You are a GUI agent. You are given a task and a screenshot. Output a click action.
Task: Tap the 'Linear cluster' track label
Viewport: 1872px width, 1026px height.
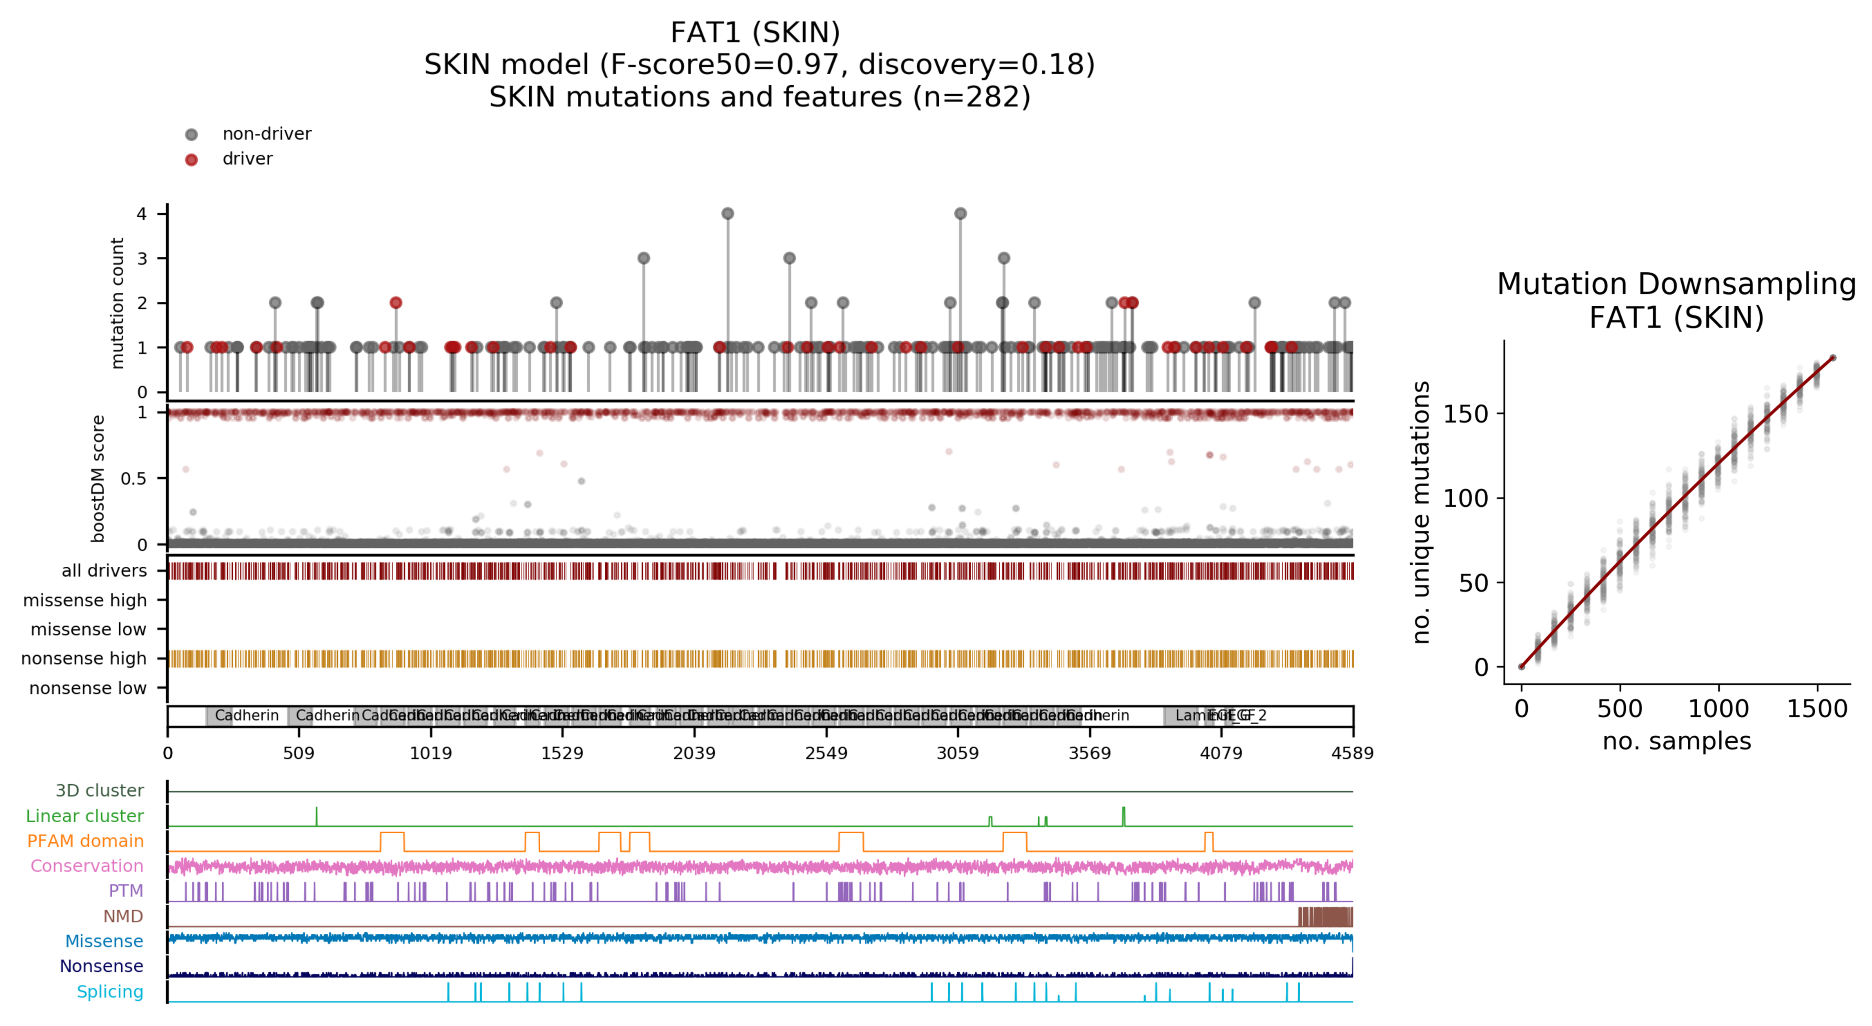[84, 817]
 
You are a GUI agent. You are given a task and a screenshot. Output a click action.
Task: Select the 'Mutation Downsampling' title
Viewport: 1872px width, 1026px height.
[1676, 284]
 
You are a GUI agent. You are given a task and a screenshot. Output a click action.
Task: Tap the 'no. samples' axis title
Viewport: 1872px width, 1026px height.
[1676, 741]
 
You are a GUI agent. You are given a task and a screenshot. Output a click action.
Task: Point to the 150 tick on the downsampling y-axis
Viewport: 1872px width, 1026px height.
[1465, 414]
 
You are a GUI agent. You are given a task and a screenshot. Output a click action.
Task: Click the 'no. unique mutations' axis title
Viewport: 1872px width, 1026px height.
[1421, 512]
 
